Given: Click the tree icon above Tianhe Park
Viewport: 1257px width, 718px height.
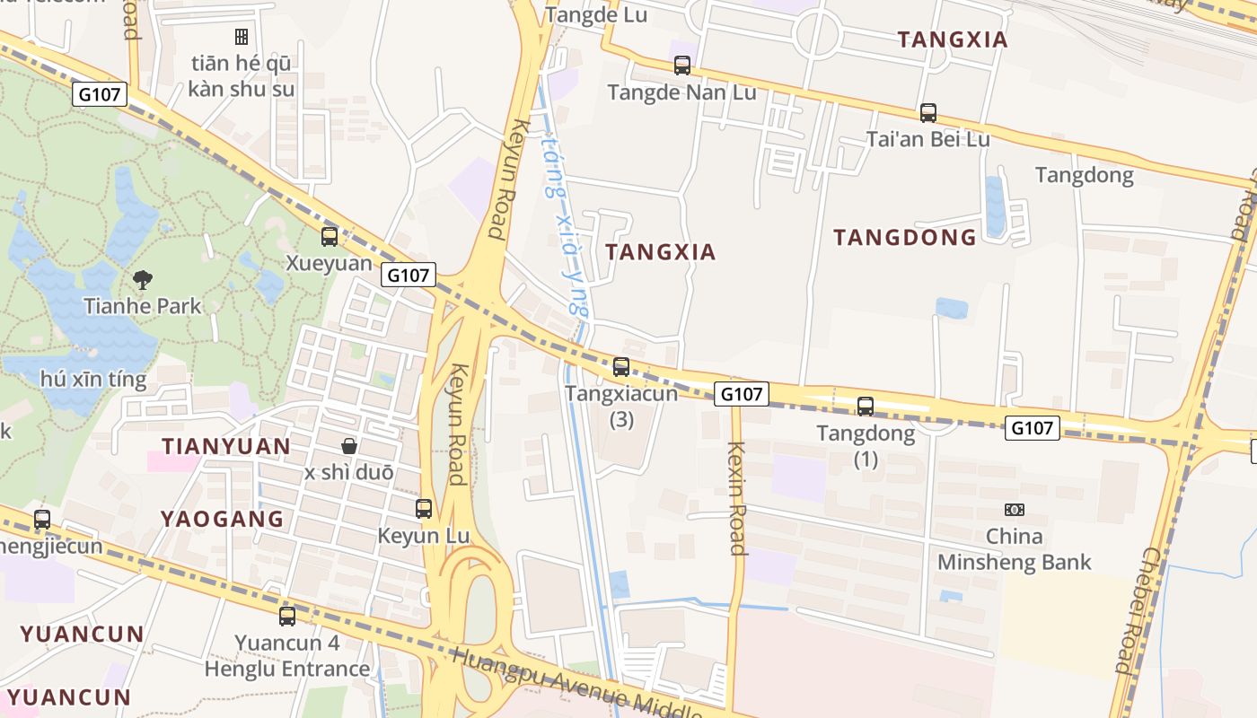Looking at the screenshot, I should [142, 279].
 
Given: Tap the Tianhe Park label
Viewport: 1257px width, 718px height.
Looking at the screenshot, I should [143, 306].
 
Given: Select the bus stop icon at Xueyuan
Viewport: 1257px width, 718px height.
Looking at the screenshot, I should [330, 237].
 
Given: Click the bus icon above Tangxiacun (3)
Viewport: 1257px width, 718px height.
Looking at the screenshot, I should [620, 367].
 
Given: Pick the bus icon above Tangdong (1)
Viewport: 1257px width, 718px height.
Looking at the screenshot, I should [865, 407].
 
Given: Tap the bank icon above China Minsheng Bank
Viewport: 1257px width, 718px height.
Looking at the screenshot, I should [1015, 510].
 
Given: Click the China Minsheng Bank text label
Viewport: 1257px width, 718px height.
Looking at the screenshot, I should [1015, 549].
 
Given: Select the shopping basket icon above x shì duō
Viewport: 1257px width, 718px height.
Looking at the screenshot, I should [349, 446].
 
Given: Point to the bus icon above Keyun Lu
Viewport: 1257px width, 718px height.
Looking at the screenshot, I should [424, 509].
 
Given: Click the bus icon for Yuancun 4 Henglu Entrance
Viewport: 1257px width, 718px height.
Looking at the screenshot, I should [287, 616].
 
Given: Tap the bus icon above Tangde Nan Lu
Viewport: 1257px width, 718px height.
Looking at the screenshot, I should [682, 66].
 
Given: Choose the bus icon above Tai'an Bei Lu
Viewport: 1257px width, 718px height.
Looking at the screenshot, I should [928, 113].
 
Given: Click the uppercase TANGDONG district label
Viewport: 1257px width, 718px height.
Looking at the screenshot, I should [904, 237].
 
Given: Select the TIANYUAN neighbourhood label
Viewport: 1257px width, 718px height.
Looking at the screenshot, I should [225, 446].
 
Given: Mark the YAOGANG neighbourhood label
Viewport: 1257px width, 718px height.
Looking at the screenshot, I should [222, 519].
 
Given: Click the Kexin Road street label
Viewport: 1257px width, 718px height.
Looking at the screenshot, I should [737, 498].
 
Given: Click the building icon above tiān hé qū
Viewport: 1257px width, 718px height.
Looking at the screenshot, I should [241, 37].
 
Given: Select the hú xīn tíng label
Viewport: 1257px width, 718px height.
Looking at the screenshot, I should [93, 379].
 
